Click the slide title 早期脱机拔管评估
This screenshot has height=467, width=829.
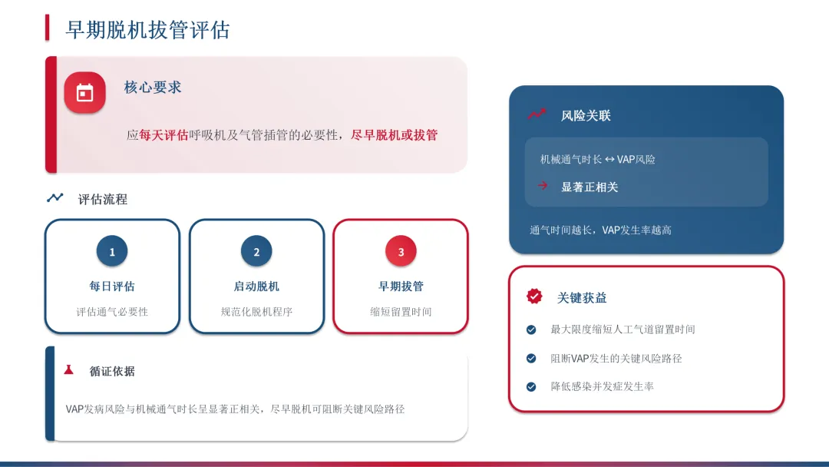147,29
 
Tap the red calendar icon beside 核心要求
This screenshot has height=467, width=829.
84,93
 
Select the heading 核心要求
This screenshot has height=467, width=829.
153,88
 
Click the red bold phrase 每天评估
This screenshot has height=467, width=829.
163,135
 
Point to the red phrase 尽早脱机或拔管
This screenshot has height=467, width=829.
394,135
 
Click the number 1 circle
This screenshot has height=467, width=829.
112,251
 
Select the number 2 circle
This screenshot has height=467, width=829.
256,251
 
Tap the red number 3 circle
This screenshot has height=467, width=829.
401,251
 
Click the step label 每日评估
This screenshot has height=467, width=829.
112,286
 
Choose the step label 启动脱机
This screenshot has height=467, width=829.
256,286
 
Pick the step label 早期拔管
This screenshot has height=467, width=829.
401,286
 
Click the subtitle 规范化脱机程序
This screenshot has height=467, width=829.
256,312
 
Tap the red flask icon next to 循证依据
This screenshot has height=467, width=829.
69,370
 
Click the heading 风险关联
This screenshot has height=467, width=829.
586,116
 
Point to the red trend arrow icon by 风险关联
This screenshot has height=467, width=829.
537,114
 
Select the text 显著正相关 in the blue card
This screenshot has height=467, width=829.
590,187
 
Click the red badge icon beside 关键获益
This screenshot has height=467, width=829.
534,296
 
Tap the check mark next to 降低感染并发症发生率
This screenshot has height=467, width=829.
531,386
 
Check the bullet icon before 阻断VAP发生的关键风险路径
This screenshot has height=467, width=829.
531,358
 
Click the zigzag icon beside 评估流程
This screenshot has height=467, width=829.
55,198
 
